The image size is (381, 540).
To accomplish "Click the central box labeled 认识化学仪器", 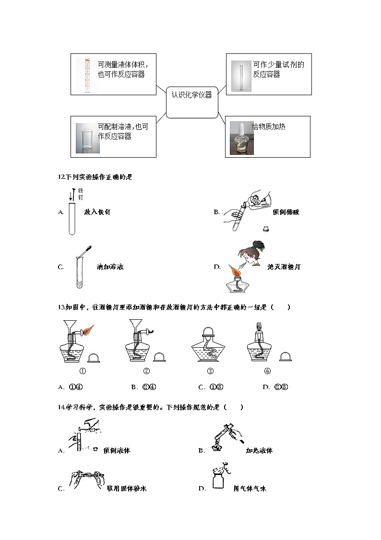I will coord(191,102).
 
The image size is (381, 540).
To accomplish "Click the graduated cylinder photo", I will coord(87,75).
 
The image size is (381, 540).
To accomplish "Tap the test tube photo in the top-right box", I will coord(240,76).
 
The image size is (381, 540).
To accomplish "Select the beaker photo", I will coord(85,138).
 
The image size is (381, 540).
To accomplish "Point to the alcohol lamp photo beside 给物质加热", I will coord(240,138).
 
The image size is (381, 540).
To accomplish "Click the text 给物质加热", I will coord(269,126).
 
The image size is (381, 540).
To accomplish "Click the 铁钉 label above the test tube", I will coord(81,194).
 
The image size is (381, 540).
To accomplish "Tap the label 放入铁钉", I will coord(97,212).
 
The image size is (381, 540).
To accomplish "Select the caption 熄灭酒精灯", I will coord(284,267).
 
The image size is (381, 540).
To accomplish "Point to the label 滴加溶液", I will coord(110,267).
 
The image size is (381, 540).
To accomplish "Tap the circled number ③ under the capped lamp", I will coord(210,371).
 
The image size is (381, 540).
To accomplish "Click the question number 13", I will coord(61,307).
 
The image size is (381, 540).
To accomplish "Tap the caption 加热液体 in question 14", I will coord(259,451).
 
